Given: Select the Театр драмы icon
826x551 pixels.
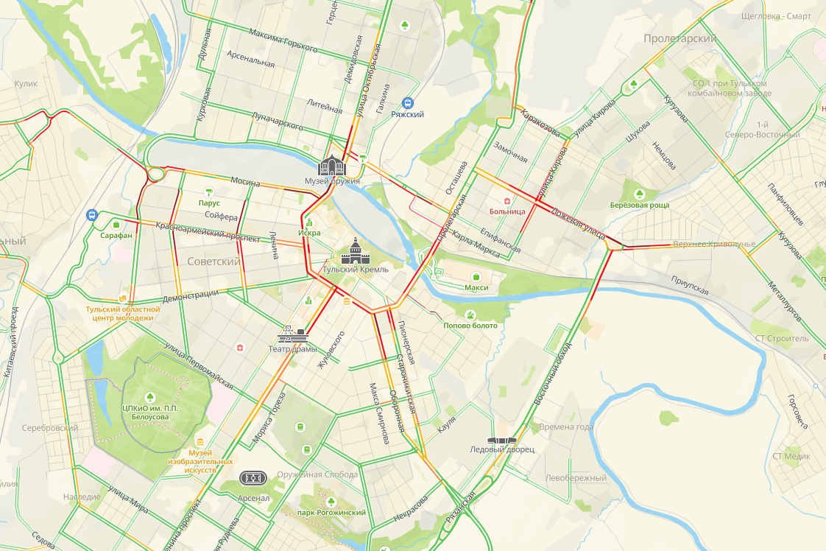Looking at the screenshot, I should click(x=292, y=334).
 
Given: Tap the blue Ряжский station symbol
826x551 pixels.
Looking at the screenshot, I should click(x=408, y=104).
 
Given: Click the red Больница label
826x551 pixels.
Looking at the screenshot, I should click(x=507, y=211).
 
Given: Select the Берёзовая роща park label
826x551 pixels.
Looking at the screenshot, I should click(x=640, y=205).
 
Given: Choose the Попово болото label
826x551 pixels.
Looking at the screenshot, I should click(x=470, y=326).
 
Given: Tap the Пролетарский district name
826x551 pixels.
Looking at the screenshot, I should click(x=679, y=38).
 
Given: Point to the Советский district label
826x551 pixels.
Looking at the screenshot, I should click(x=213, y=262).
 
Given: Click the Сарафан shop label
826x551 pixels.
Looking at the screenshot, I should click(x=117, y=236).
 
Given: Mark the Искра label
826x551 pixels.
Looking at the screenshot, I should click(x=309, y=233).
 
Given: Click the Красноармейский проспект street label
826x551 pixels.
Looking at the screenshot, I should click(x=208, y=232).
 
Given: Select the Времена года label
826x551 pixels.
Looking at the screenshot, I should click(x=565, y=427).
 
